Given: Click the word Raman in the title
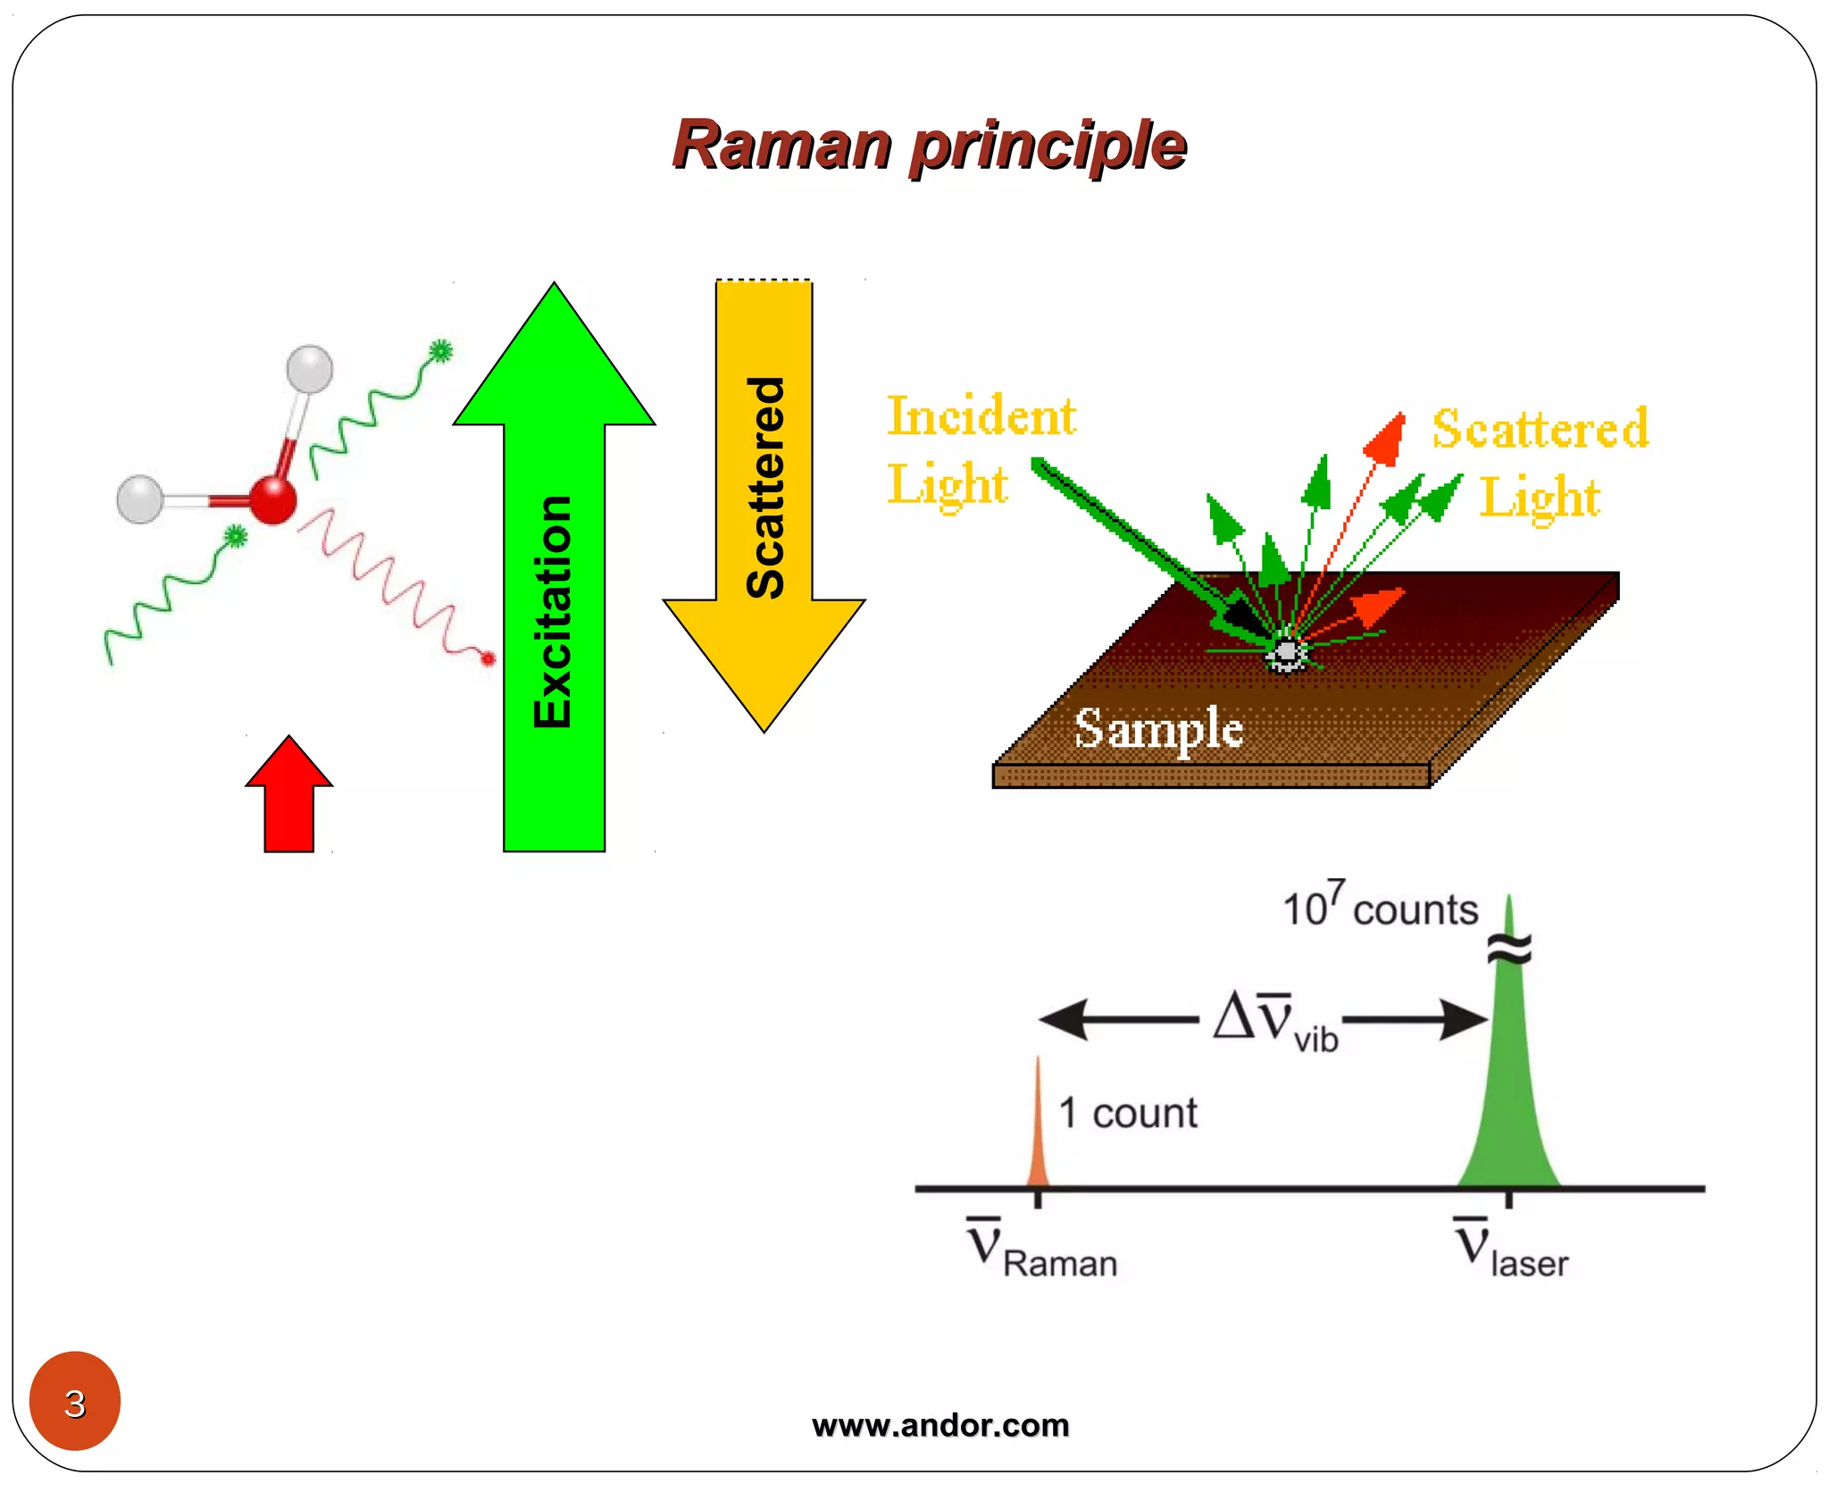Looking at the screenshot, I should [x=782, y=146].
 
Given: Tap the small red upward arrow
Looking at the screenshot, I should [x=289, y=798].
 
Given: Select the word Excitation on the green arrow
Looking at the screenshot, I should [x=553, y=613].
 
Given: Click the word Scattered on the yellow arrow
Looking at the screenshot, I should [x=765, y=488].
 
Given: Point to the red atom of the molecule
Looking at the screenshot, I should [x=272, y=499].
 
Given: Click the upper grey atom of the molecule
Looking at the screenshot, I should [x=309, y=369].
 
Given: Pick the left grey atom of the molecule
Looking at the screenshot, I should [x=140, y=499].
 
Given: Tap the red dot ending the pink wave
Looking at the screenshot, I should [x=489, y=659].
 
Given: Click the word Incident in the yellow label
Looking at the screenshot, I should [x=981, y=416].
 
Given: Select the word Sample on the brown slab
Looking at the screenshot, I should [x=1158, y=728].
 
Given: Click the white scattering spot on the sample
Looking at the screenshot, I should [x=1286, y=654].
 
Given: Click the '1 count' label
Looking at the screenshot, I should [x=1128, y=1114].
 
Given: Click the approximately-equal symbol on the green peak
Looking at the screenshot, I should [x=1509, y=949].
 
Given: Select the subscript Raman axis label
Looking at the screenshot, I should [x=1059, y=1263].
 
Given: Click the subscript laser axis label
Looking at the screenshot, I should [x=1529, y=1263].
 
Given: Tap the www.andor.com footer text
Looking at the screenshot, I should [x=940, y=1424].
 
